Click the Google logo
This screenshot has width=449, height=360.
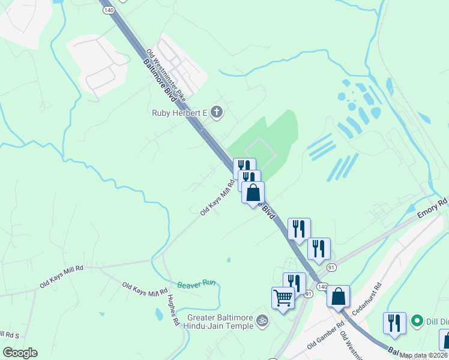coord(20,353)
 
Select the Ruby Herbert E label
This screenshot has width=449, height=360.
coord(179,112)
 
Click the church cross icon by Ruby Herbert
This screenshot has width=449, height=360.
coord(216,112)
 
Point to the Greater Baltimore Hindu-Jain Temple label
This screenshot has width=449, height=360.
coord(220,322)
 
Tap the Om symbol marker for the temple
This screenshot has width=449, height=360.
coord(261,321)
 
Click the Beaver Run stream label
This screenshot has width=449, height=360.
coord(196,284)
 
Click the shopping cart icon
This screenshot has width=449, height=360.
coord(282,297)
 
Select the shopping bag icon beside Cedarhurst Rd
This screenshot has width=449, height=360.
coord(339,296)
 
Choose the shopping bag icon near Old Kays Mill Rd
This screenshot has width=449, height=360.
coord(253,193)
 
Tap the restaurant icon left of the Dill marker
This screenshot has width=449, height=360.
coord(394,323)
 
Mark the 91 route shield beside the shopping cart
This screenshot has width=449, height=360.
coord(309,294)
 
